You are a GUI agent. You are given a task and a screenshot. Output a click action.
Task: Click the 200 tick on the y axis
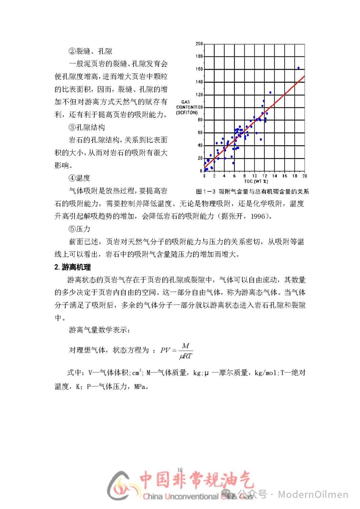[199, 44]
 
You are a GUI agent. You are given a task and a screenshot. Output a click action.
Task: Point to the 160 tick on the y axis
[199, 69]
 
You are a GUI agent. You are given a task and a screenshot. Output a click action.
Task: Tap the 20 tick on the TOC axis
[304, 176]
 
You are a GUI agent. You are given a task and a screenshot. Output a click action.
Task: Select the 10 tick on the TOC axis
[254, 176]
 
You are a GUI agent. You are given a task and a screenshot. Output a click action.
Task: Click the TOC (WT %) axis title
[256, 181]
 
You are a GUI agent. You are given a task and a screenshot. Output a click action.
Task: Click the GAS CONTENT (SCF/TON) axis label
[187, 107]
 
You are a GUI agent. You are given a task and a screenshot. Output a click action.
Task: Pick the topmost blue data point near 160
[298, 68]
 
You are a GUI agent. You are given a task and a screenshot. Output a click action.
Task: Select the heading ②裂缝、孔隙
[90, 51]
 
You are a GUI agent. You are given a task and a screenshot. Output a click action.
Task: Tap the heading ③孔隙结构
[87, 127]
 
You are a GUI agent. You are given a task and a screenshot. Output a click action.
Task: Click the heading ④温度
[79, 178]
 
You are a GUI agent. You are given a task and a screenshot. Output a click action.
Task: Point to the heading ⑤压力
[79, 229]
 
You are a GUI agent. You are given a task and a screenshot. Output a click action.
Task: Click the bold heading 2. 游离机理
[72, 267]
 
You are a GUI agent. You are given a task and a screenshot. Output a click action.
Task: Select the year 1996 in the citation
[258, 216]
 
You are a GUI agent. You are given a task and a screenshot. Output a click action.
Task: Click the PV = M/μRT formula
[176, 351]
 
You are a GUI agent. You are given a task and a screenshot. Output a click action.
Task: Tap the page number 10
[180, 469]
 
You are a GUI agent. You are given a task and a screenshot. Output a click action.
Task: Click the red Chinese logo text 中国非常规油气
[197, 480]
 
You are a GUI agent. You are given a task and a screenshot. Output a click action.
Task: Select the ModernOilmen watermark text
[313, 494]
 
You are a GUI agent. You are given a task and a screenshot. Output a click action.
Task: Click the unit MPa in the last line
[140, 387]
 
